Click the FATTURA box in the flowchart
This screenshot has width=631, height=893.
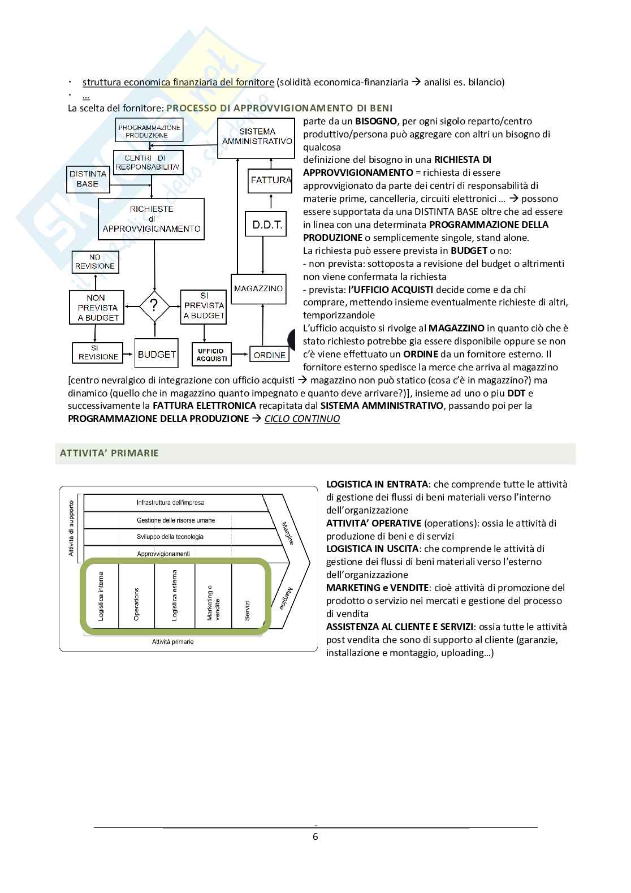tap(270, 180)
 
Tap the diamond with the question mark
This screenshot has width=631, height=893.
tap(154, 307)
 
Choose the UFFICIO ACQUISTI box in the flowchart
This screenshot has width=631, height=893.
tap(211, 355)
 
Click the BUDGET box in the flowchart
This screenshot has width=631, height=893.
tap(157, 355)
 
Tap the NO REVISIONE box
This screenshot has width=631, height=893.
tap(94, 262)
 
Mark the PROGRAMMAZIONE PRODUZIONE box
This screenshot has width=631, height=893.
tap(149, 131)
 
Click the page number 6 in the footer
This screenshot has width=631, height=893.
tap(315, 836)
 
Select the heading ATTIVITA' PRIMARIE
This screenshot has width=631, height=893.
tap(110, 453)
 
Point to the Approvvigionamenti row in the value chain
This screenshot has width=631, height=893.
tap(163, 554)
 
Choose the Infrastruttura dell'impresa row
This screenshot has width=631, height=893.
tap(170, 502)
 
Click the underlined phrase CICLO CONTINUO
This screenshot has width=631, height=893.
tap(302, 419)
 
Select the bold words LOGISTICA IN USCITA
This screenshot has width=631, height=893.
tap(372, 549)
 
